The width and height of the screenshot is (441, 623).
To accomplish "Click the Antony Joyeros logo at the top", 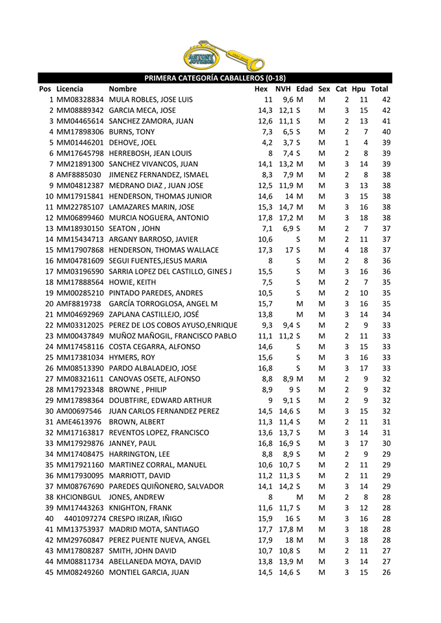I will click(x=223, y=56).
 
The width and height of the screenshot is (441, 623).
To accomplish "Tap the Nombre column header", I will click(x=123, y=89).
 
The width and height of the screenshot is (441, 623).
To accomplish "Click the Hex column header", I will click(x=261, y=89).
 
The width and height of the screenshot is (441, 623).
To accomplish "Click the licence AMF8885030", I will click(x=79, y=175).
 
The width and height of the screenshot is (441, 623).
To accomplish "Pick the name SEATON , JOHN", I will click(x=136, y=228).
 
